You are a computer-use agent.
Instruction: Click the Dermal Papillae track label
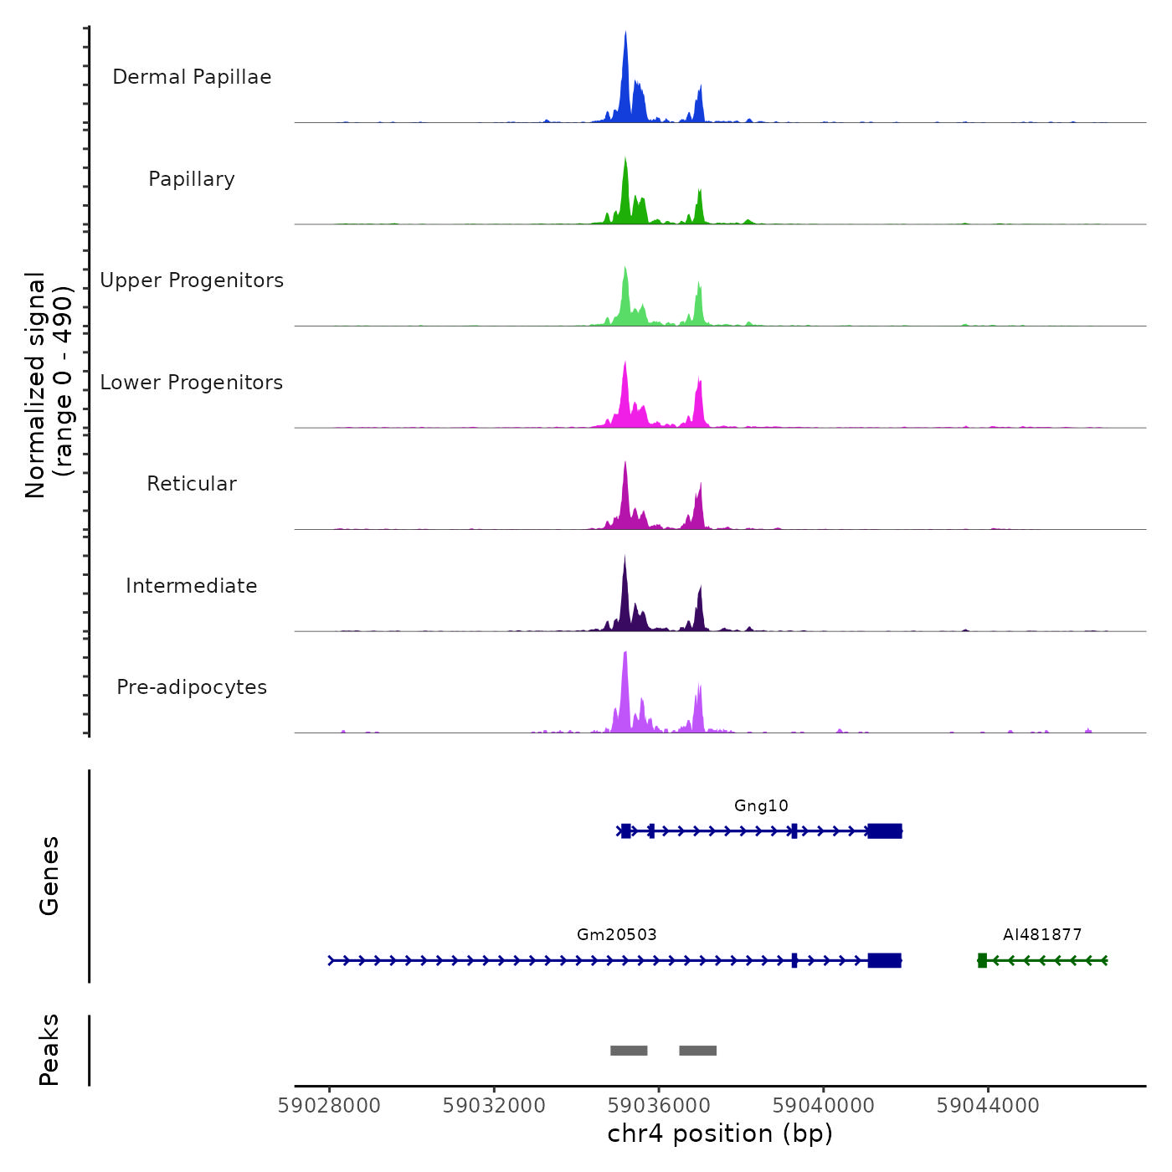tap(192, 77)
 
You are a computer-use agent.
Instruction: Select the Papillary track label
tap(192, 179)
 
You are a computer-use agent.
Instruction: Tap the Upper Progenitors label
tap(192, 280)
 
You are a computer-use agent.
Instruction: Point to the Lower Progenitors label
tap(192, 383)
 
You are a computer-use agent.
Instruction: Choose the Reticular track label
tap(192, 484)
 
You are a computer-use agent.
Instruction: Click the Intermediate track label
tap(192, 586)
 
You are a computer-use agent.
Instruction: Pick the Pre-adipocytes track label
tap(192, 687)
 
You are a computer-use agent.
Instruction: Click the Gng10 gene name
tap(761, 806)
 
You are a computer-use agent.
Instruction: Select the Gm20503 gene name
tap(617, 935)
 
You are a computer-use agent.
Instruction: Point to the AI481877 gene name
tap(1042, 935)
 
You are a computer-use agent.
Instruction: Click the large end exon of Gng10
tap(885, 831)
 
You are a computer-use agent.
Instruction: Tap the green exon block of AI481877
tap(982, 960)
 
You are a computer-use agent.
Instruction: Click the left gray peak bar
tap(629, 1051)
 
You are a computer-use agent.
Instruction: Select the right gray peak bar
tap(697, 1051)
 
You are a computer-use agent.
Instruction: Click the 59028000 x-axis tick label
tap(329, 1106)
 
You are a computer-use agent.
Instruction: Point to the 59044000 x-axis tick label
tap(988, 1106)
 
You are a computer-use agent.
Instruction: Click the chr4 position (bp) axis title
tap(720, 1134)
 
